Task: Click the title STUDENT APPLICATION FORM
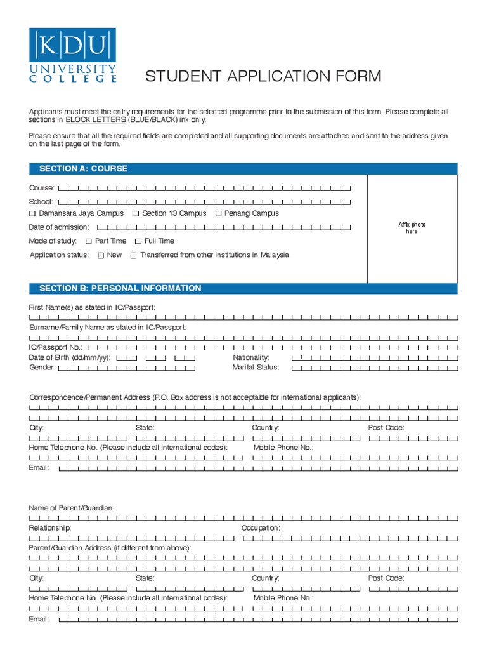[263, 77]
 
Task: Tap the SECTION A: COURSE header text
[83, 169]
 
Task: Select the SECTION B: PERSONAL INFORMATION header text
[120, 288]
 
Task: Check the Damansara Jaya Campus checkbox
[33, 214]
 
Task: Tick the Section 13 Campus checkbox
[136, 214]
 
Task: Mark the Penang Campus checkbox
[219, 214]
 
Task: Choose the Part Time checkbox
[89, 241]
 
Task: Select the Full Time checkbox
[138, 241]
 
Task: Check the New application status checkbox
[101, 255]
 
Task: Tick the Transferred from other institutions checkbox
[133, 255]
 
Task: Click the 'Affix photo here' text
[412, 228]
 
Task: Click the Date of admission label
[59, 227]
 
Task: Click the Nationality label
[251, 358]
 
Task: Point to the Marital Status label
[256, 368]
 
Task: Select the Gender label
[42, 368]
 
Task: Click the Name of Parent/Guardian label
[72, 508]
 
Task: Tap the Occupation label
[261, 528]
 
